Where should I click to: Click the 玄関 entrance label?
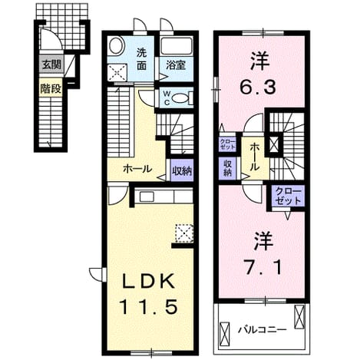[51, 64]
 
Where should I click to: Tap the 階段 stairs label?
[51, 89]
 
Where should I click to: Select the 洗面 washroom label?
[141, 59]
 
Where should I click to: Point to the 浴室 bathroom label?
[176, 65]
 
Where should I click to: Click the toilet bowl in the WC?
[180, 98]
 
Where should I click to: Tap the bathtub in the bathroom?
[177, 46]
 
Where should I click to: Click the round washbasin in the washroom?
[116, 46]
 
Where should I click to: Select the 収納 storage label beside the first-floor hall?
[182, 170]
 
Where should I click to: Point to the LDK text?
[149, 282]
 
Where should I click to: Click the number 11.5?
[148, 306]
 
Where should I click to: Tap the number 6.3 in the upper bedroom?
[259, 87]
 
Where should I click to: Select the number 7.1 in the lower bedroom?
[263, 266]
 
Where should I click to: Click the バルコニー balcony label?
[263, 329]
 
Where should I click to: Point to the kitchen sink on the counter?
[147, 197]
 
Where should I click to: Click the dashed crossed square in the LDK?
[184, 233]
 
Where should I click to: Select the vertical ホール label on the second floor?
[254, 157]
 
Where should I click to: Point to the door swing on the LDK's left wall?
[97, 274]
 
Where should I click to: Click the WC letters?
[167, 97]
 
